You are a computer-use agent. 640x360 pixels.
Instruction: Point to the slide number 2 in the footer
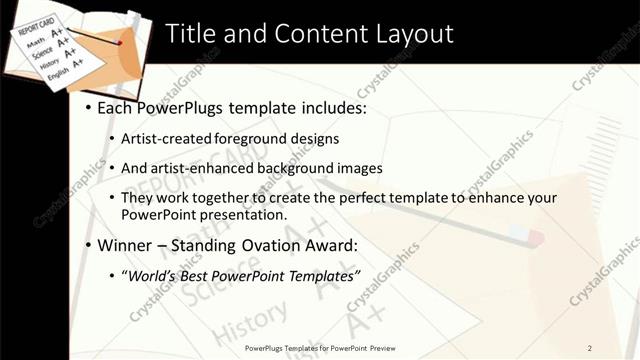(x=590, y=348)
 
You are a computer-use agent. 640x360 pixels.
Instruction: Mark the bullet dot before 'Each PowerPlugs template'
(x=88, y=106)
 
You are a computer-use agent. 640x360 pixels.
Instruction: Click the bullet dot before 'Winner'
(x=88, y=245)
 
